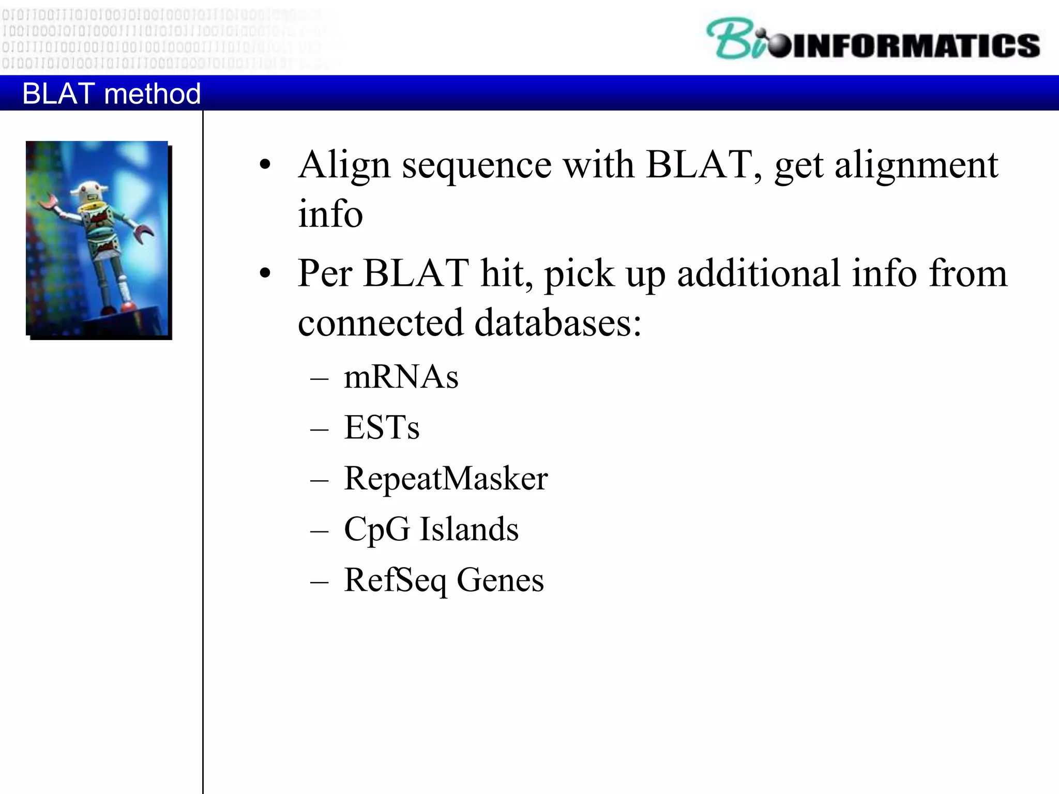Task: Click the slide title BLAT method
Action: pos(111,94)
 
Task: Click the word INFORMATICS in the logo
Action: pos(915,45)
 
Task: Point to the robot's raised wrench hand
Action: pos(49,201)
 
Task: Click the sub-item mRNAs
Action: pos(401,376)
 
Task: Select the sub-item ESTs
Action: pos(382,427)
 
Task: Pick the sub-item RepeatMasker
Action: pos(446,478)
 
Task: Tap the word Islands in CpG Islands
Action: pos(468,529)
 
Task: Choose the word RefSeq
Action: pos(395,579)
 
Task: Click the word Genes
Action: pos(500,579)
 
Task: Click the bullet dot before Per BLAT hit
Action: pos(265,273)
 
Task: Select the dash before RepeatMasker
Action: pos(320,479)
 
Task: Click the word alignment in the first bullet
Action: pos(916,165)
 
